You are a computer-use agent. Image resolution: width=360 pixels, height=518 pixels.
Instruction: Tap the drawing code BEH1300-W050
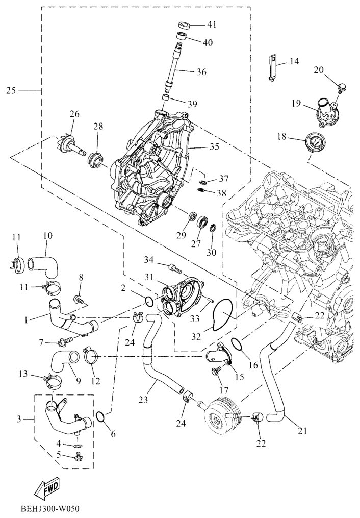click(50, 509)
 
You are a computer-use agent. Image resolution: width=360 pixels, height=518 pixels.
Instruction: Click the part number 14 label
click(294, 61)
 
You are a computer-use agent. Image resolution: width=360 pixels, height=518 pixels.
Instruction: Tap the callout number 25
click(11, 90)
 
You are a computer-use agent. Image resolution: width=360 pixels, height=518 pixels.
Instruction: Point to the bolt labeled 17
click(216, 373)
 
